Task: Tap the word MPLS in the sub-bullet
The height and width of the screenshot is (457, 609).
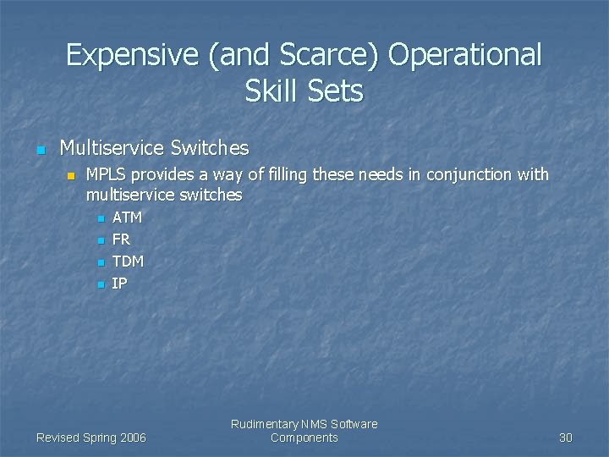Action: point(107,175)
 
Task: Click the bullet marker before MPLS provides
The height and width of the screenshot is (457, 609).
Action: point(72,176)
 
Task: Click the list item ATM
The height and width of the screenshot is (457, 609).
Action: point(127,217)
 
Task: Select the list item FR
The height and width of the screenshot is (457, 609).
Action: point(121,240)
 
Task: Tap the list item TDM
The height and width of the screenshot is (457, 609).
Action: point(128,262)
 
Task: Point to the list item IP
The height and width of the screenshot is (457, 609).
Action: point(119,284)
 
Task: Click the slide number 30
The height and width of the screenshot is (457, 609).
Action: point(566,438)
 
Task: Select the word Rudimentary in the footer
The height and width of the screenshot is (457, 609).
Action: point(264,424)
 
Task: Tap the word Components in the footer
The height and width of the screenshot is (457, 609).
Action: point(304,438)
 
